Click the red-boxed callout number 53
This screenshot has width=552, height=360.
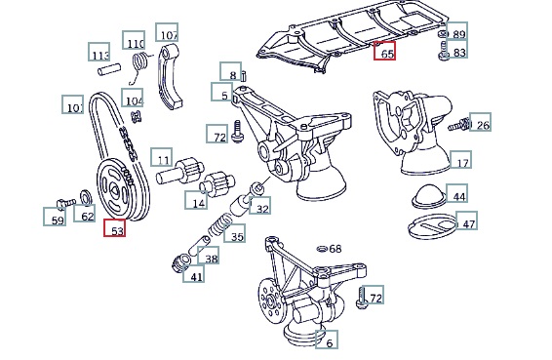115,227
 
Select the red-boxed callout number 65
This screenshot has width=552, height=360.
384,51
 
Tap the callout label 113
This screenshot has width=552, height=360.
99,52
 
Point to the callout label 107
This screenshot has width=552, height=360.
167,32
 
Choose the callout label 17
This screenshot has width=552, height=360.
460,160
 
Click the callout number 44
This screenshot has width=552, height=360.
457,193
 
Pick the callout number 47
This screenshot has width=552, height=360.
467,220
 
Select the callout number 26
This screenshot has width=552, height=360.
480,122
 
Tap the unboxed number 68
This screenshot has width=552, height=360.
335,249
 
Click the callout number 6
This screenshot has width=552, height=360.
327,340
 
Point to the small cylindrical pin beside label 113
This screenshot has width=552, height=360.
109,69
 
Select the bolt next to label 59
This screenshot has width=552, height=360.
66,203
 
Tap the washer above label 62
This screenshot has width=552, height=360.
86,197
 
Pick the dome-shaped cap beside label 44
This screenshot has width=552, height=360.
429,196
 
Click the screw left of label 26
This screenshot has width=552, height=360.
458,125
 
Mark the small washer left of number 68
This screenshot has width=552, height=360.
322,249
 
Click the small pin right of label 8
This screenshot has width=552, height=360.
244,76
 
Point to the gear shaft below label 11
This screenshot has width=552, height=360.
179,171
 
